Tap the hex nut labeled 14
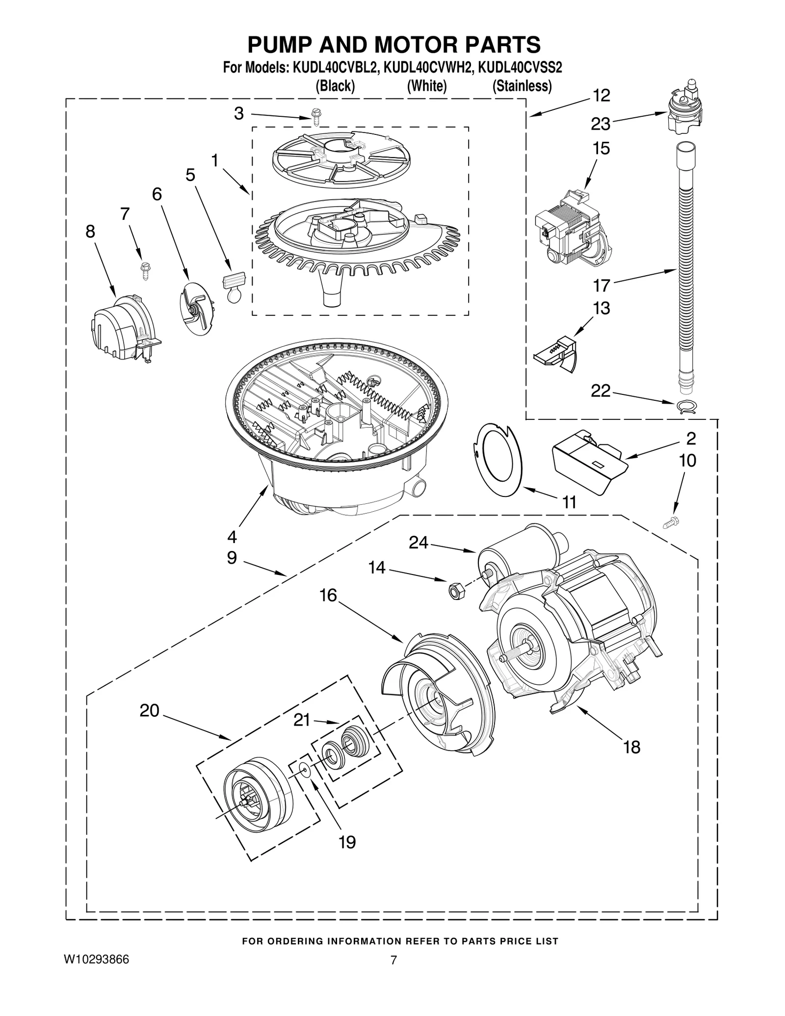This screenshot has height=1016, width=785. [x=455, y=591]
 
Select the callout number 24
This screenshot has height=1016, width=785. [x=419, y=542]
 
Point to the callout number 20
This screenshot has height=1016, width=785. [x=149, y=710]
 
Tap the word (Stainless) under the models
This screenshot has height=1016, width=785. [x=522, y=86]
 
